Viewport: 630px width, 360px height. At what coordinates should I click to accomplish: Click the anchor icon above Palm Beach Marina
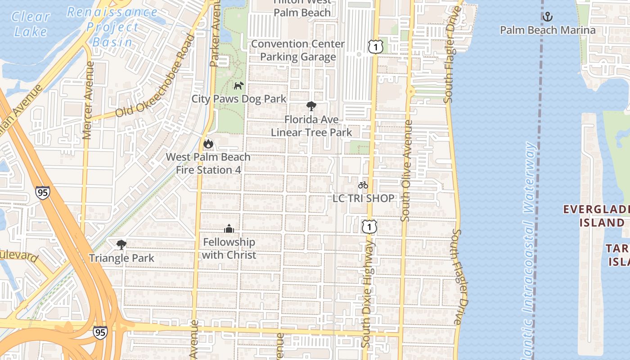[547, 17]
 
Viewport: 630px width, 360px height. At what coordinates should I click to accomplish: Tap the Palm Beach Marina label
[548, 30]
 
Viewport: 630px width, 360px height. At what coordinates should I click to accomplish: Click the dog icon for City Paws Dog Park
[238, 85]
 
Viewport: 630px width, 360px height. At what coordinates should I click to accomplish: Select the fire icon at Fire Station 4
[208, 144]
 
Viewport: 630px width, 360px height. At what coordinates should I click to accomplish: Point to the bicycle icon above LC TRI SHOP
[363, 185]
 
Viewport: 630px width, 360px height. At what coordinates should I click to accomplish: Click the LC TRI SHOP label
[363, 198]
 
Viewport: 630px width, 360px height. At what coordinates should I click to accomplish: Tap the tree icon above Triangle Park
[121, 245]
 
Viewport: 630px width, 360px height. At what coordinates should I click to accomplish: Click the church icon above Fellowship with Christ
[229, 229]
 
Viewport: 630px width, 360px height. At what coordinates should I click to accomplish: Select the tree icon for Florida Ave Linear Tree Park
[311, 107]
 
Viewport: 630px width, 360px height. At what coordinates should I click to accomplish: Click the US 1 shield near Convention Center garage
[375, 46]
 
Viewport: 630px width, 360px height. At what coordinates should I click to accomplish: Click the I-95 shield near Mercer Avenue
[42, 193]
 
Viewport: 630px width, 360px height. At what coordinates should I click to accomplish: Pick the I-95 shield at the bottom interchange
[100, 332]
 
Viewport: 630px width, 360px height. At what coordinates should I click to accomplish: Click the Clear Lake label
[31, 24]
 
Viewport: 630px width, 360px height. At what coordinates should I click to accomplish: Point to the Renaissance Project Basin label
[112, 27]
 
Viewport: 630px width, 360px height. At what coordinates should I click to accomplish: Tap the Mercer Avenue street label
[88, 100]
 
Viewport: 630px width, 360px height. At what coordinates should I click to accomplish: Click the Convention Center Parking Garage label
[298, 50]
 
